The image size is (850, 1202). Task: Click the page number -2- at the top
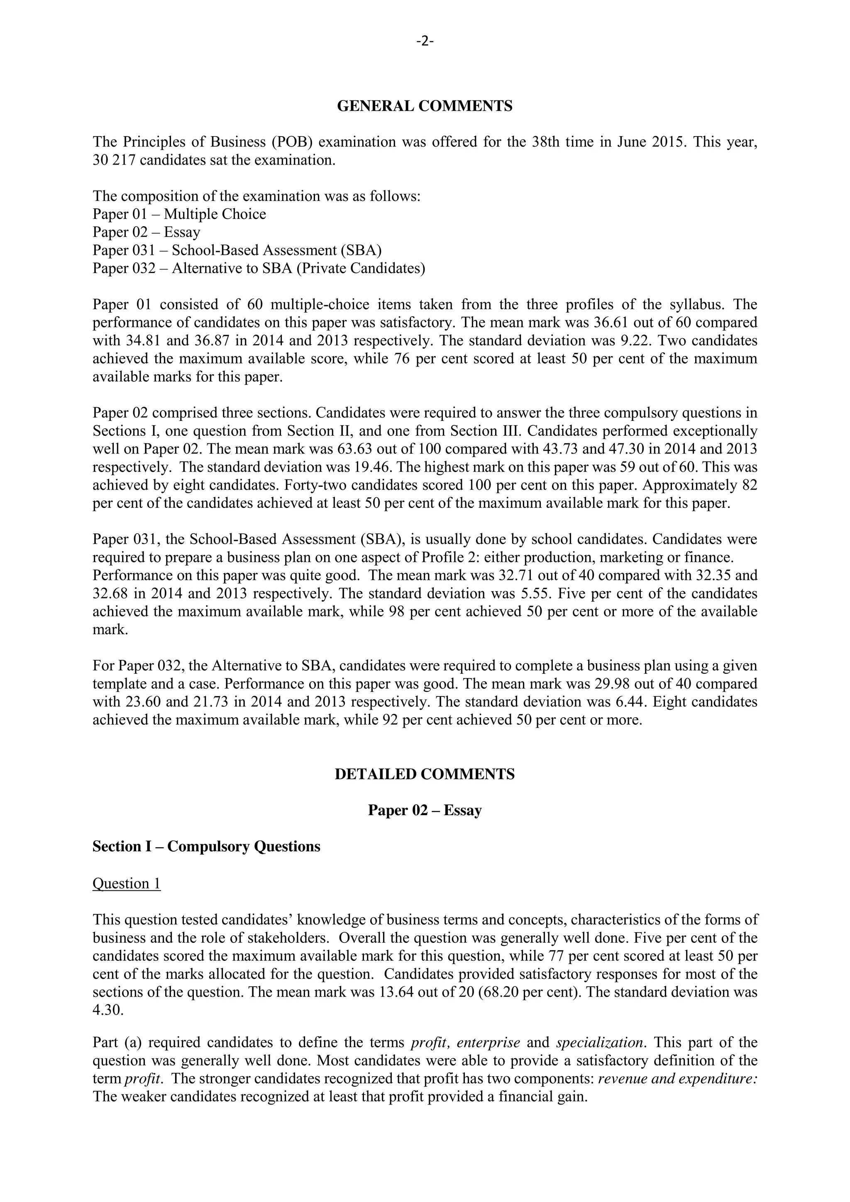tap(425, 42)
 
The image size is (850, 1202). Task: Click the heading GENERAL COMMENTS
tap(425, 106)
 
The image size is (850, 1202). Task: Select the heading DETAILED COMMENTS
tap(425, 774)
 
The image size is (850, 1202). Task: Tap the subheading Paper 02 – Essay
tap(425, 811)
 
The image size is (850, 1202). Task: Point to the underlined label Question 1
tap(126, 883)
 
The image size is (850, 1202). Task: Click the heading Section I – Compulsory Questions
tap(206, 847)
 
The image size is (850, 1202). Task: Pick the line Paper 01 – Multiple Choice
tap(179, 214)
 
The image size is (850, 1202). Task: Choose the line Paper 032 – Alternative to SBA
tap(259, 268)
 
